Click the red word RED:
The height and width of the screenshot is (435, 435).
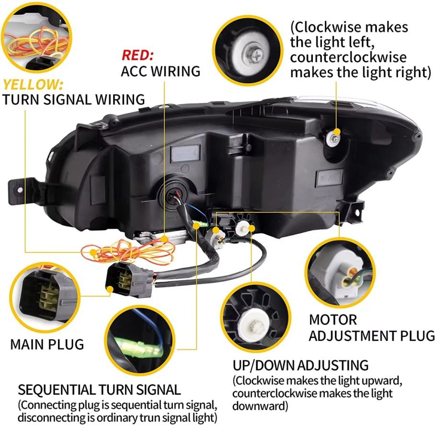pos(137,55)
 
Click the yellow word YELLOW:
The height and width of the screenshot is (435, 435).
pos(33,85)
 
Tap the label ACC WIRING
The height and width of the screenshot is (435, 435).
pos(160,71)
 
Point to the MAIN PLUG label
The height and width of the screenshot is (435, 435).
pos(47,344)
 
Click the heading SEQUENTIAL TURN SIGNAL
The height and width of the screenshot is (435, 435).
pos(99,389)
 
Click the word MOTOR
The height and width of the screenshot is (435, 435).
pos(332,320)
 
